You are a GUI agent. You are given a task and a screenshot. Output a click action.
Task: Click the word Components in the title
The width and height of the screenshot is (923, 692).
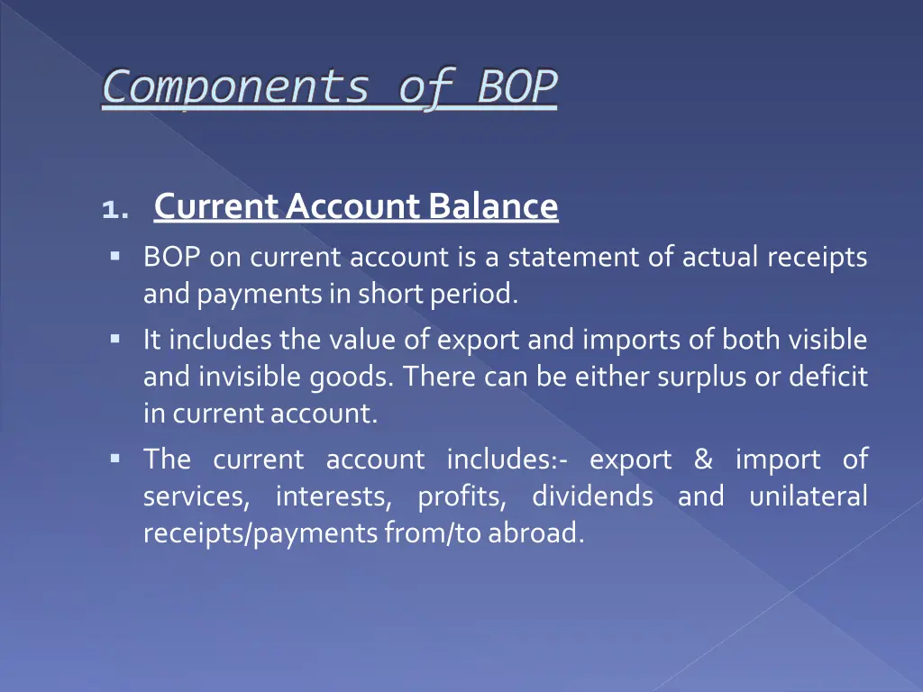[235, 88]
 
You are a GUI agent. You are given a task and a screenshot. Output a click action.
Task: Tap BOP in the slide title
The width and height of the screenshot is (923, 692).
[516, 88]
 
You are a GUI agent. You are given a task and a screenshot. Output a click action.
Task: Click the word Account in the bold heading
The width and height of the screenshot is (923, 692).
[353, 207]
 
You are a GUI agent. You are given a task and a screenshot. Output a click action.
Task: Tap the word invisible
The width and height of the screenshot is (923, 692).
[252, 378]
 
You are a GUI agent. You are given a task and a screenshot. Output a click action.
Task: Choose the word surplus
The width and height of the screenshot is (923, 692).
[692, 378]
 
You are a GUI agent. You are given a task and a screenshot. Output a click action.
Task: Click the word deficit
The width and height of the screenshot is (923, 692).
[828, 378]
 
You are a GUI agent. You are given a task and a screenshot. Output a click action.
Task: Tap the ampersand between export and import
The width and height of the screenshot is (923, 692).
[703, 460]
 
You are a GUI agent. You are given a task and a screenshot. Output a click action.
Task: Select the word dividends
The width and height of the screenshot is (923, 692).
[592, 496]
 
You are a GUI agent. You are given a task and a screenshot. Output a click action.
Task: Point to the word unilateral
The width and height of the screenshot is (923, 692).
[808, 496]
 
